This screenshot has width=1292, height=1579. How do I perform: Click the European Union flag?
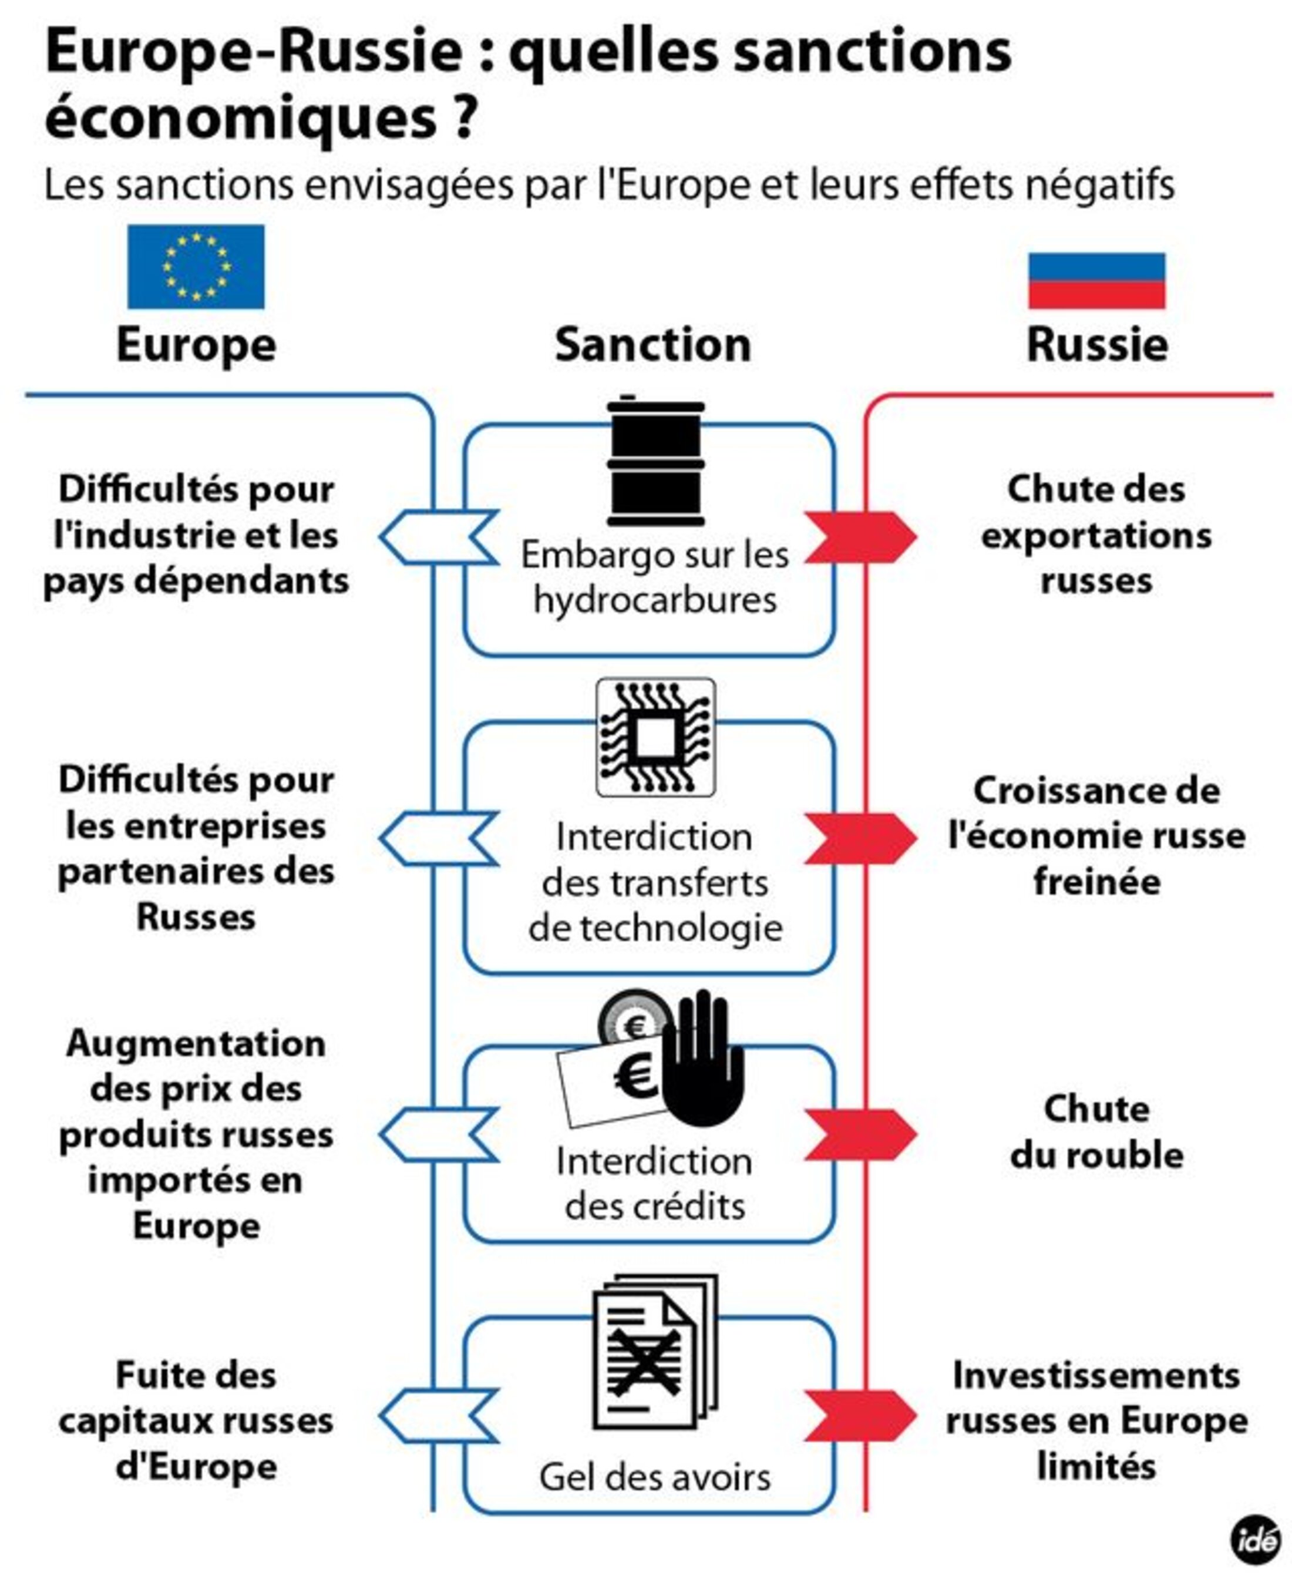196,267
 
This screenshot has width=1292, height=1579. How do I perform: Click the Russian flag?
1096,281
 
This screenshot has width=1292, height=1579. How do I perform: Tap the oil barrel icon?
655,462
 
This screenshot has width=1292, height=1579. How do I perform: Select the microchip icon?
655,738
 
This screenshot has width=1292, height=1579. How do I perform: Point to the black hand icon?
702,1057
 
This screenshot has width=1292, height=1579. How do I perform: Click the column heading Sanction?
652,345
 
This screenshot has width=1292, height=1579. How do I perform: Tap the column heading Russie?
1096,345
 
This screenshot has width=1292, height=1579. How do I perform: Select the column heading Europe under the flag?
196,345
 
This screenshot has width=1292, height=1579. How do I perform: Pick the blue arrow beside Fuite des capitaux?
439,1415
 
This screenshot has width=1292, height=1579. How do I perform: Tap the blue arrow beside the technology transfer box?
439,838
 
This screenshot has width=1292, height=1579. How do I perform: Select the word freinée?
1096,882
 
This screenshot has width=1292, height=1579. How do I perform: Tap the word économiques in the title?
240,119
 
